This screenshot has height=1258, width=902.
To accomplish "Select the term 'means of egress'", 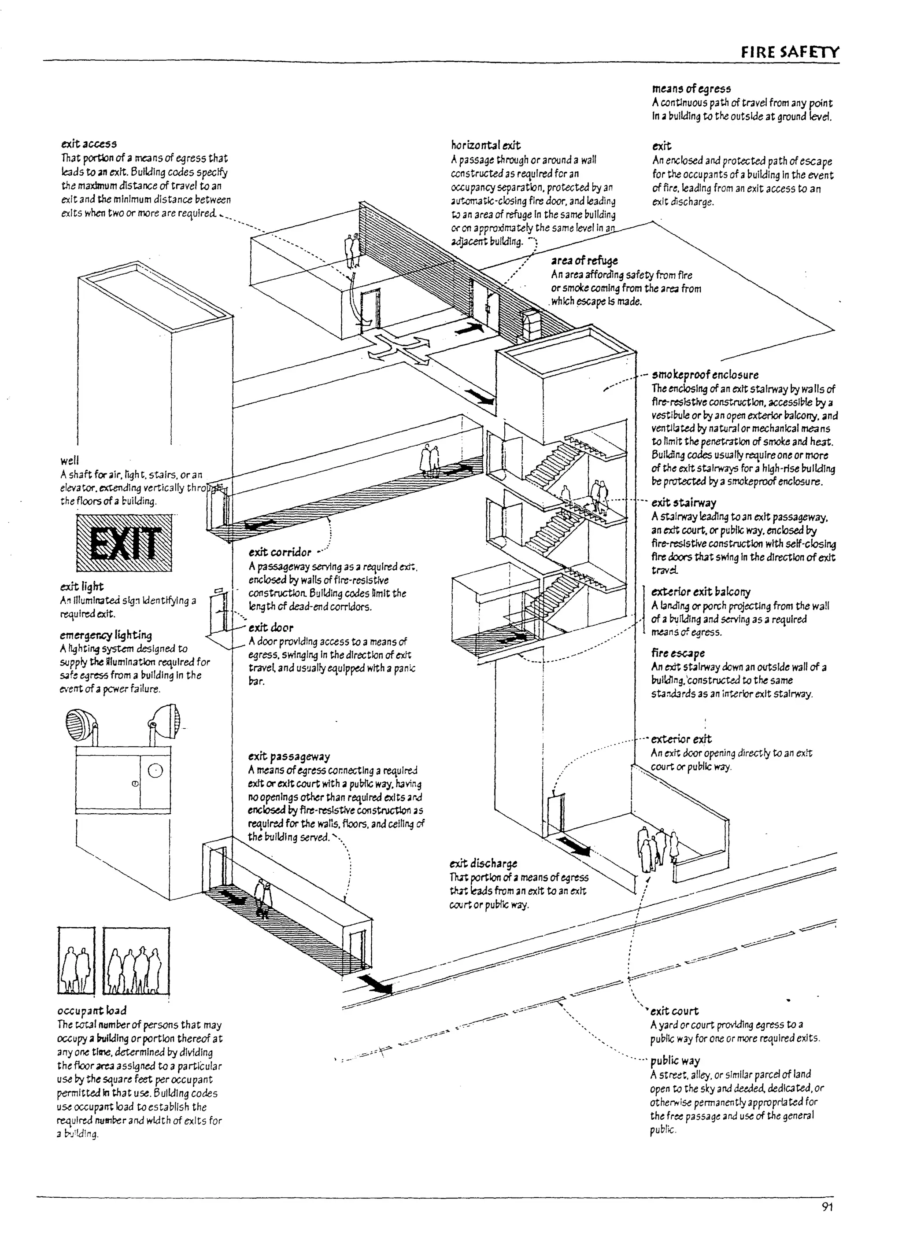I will click(691, 89).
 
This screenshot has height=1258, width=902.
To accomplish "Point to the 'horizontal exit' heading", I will click(485, 145).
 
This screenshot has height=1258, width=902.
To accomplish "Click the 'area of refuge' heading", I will click(584, 261).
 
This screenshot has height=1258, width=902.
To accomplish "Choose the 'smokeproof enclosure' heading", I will click(705, 375).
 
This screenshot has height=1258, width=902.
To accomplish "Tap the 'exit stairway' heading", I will click(684, 503).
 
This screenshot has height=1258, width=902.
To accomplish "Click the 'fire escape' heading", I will click(678, 653).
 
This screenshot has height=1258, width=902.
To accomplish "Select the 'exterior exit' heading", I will click(680, 739).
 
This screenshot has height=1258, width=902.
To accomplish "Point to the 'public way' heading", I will click(675, 1061).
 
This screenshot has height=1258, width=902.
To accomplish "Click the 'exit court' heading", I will click(674, 1011).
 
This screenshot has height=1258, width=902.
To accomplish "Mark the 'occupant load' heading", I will click(92, 1011).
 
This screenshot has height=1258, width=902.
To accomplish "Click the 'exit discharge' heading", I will click(483, 863).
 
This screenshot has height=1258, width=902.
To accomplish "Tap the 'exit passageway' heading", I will click(288, 756).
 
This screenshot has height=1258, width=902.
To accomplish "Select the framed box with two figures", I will click(76, 961).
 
